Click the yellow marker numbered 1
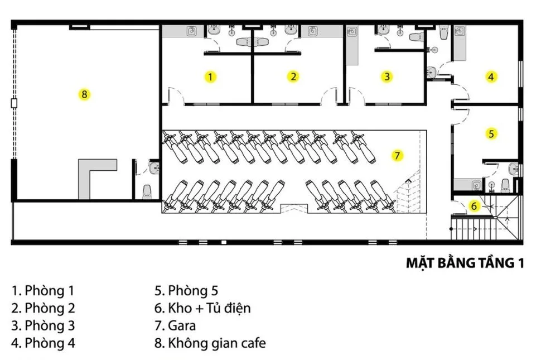[210, 76]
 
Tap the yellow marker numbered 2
[293, 76]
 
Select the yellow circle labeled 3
[387, 76]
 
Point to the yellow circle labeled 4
[491, 76]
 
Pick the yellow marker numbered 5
[491, 133]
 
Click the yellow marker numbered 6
[474, 206]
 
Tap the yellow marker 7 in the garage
[397, 156]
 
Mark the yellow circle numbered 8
[84, 94]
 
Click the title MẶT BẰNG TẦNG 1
[465, 263]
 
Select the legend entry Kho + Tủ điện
[202, 308]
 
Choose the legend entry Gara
[175, 325]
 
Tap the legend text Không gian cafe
[210, 343]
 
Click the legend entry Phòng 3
[43, 325]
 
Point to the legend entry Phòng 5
[186, 291]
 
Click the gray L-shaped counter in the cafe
[90, 175]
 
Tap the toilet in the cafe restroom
[147, 192]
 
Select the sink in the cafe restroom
[154, 168]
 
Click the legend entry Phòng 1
[43, 291]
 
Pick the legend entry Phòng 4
[43, 343]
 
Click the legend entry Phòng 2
[43, 308]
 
